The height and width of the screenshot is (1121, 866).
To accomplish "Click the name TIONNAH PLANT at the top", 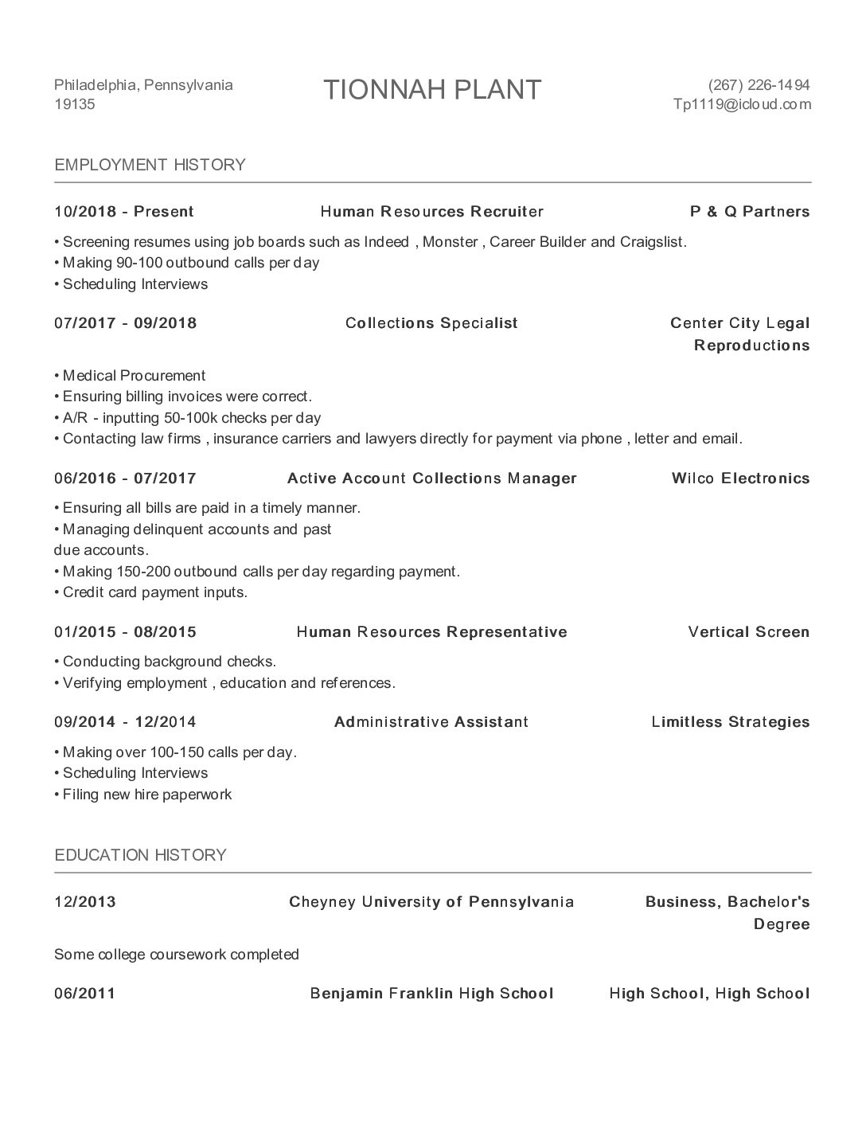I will point(432,90).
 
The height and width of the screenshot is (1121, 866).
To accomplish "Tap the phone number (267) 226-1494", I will point(759,85).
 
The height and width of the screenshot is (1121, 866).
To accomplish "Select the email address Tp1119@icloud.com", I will point(742,104).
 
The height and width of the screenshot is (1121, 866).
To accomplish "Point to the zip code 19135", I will point(74,104).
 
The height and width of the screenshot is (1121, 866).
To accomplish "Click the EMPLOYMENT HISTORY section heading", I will point(150,165).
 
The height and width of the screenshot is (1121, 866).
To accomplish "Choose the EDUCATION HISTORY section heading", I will point(140,855).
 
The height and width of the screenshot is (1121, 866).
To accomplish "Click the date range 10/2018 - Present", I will point(124,212).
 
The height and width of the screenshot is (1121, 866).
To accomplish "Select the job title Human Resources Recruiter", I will point(431,212).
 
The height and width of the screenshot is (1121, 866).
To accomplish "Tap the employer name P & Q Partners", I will point(750,212).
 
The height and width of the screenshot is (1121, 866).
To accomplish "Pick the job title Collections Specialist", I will point(431,323).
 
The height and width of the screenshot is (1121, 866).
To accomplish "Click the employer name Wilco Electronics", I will point(740,478).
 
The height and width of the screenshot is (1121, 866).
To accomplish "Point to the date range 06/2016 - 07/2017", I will point(125,478).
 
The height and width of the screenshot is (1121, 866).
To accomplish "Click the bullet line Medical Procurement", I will point(133,376).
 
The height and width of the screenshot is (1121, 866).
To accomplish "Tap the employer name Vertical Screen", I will point(748,632).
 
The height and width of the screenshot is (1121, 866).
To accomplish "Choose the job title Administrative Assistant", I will point(431,722).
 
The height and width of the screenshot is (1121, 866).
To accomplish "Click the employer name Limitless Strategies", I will point(730,722).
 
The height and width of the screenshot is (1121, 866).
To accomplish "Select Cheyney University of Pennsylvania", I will point(431,902).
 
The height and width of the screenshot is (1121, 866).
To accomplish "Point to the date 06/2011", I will point(84,994).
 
